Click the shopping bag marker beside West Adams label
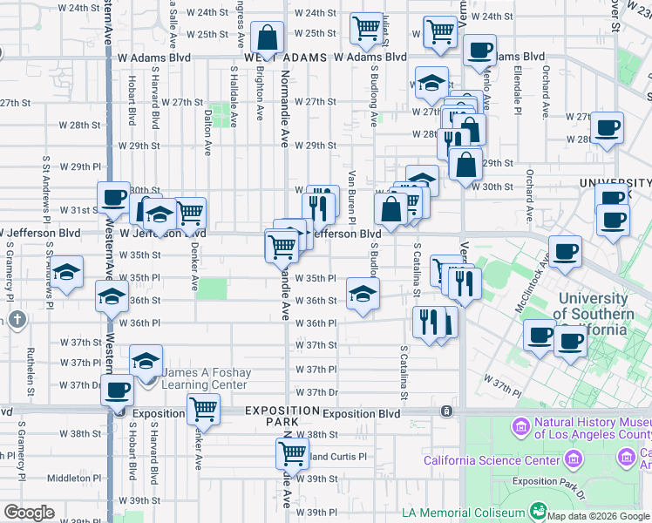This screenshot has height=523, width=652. point(268,38)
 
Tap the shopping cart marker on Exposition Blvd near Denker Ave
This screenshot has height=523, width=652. point(203,408)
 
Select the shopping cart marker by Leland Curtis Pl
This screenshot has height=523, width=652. point(292,453)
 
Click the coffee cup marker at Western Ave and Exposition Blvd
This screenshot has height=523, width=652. point(117,391)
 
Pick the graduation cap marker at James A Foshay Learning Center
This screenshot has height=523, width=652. point(146,361)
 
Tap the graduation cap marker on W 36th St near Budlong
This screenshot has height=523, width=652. point(363,294)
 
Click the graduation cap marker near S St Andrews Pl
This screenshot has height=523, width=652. point(66,272)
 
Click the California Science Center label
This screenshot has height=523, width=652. point(492,460)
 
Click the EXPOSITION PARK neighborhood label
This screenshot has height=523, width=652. point(282,415)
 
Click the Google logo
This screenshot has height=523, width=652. point(29,513)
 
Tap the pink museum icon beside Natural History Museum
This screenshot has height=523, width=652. point(520,427)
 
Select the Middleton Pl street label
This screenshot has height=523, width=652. point(70,478)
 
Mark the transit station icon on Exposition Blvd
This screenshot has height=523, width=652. point(446,411)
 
